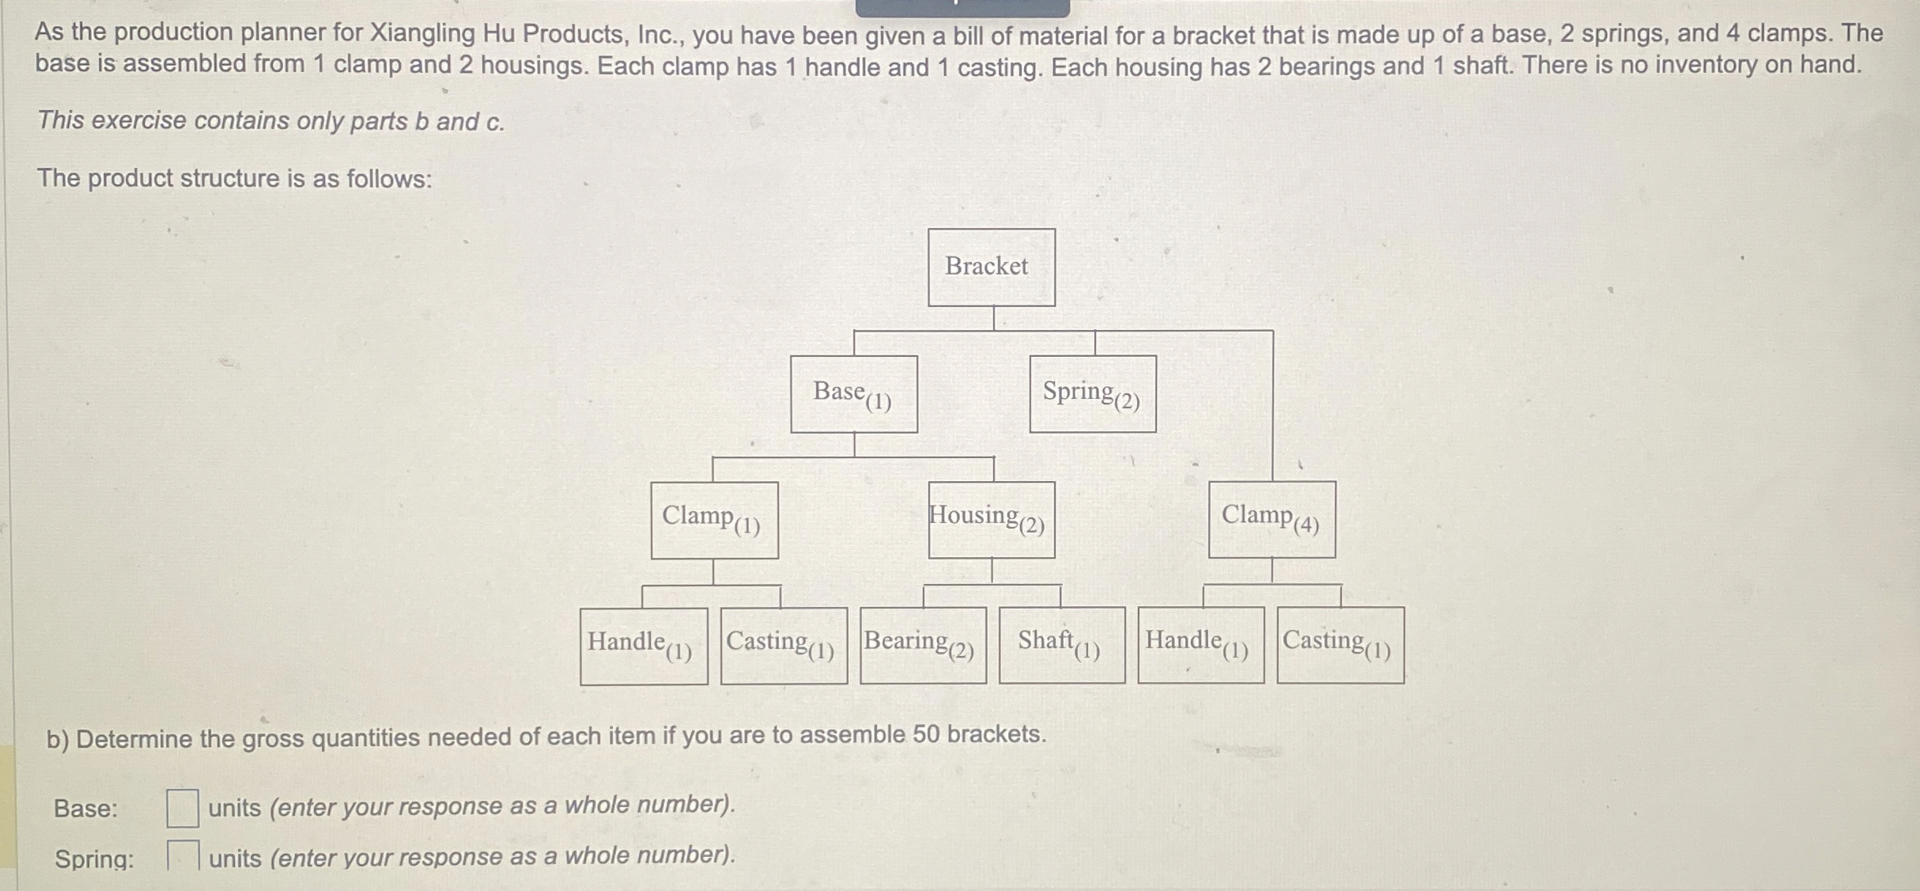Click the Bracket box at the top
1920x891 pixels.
pos(991,267)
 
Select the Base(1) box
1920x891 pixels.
pos(854,394)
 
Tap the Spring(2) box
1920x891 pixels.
pos(1093,394)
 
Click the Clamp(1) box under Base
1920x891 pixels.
pos(714,520)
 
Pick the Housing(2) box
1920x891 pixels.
pos(992,520)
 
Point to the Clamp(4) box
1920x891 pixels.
pos(1272,519)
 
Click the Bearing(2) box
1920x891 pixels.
pos(923,645)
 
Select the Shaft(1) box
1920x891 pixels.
pos(1062,645)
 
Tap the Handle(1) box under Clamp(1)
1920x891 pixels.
pos(644,646)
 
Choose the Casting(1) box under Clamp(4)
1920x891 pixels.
pos(1340,645)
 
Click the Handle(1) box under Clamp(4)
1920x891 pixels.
pos(1200,645)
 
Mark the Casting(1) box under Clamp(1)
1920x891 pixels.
pos(784,645)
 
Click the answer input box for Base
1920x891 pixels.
pos(182,808)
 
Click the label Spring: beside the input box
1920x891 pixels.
pos(94,859)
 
